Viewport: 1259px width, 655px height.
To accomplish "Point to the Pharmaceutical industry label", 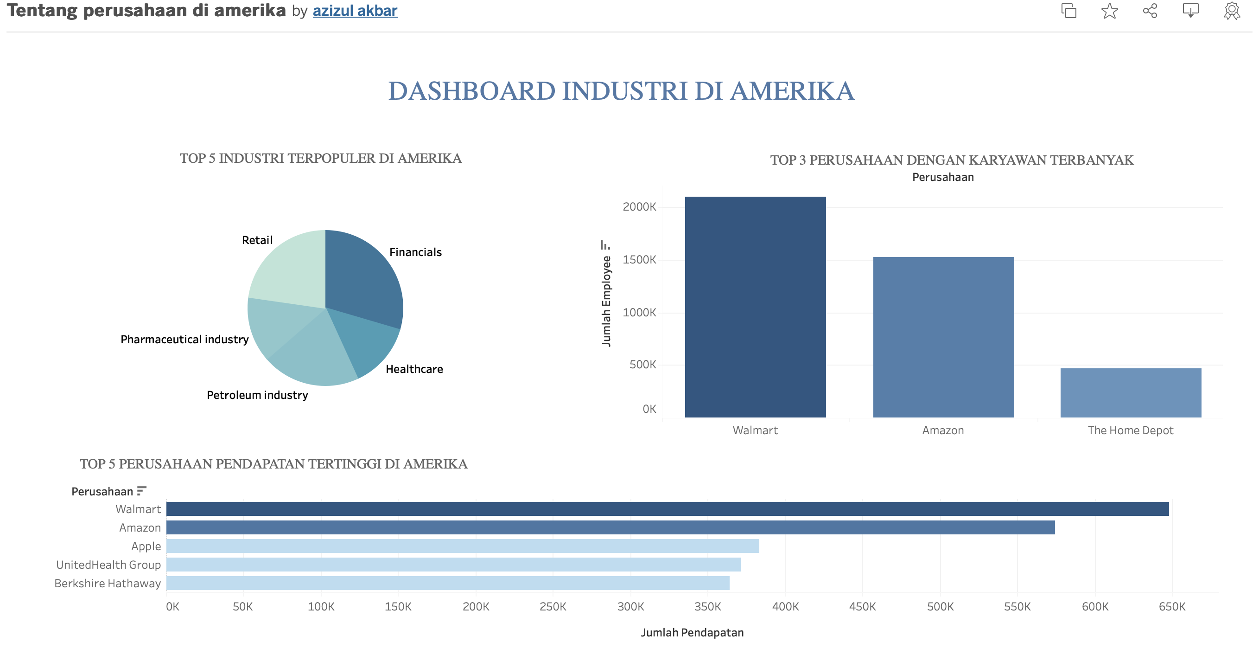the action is click(x=185, y=340).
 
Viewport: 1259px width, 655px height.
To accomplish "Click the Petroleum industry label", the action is click(x=258, y=395).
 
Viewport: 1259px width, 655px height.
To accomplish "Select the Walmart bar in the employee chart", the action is click(x=755, y=307).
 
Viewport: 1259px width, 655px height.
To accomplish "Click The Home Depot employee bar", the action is click(x=1131, y=393).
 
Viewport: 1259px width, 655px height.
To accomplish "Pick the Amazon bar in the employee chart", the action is click(x=943, y=337).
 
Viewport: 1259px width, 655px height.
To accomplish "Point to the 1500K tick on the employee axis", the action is click(x=639, y=260).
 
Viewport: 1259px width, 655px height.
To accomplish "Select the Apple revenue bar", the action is click(x=463, y=546).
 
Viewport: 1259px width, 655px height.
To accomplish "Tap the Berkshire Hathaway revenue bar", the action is click(x=448, y=583).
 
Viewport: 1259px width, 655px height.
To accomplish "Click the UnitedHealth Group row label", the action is click(x=108, y=565).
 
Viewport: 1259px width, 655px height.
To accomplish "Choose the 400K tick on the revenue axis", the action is click(x=785, y=607).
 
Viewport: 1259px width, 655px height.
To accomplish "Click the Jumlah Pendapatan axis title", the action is click(x=692, y=632).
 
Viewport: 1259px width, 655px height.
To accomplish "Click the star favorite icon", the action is click(x=1109, y=11).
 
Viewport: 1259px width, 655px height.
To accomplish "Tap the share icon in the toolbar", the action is click(x=1150, y=11).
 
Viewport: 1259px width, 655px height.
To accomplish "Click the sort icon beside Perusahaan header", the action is click(x=142, y=491).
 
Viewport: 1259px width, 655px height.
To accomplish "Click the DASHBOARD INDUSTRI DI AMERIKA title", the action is click(x=621, y=91).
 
